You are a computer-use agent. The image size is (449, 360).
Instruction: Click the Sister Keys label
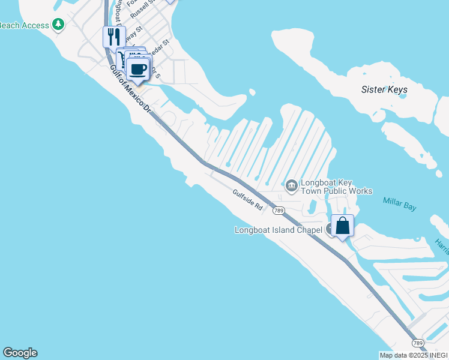(384, 89)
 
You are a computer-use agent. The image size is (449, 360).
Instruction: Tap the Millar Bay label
(400, 206)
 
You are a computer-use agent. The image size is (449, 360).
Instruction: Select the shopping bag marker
(342, 226)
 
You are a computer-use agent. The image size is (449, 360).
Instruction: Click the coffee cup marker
(139, 69)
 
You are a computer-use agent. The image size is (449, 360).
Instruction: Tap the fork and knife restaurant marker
(114, 37)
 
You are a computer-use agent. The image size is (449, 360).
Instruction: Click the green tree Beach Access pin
(58, 25)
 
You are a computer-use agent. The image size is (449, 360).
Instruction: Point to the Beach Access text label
(24, 25)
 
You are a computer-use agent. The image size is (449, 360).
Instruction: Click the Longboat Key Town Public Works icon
(291, 186)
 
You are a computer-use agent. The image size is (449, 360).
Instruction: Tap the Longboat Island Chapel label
(278, 230)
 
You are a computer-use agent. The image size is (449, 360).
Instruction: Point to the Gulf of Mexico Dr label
(130, 90)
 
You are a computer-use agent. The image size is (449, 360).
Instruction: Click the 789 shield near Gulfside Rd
(278, 211)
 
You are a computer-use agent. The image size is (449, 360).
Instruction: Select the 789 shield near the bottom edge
(418, 343)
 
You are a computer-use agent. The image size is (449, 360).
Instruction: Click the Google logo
(20, 353)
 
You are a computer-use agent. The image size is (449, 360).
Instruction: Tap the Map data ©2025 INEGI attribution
(413, 355)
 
